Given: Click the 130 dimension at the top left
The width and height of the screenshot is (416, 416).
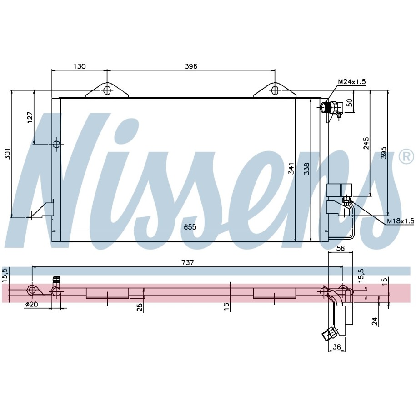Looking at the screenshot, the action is tap(80, 66).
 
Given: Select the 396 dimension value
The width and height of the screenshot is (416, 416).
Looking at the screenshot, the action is tap(191, 66).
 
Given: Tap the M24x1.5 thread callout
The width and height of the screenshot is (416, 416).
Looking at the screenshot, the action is tap(352, 82).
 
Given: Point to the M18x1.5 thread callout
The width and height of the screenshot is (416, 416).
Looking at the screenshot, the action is tap(401, 221).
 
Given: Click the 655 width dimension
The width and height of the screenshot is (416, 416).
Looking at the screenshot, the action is tap(190, 227).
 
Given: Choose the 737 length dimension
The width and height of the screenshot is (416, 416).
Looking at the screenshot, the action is tap(188, 262).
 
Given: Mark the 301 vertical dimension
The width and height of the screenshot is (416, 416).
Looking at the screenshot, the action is tap(8, 153).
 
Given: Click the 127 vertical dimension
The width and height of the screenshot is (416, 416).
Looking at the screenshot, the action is tap(30, 117).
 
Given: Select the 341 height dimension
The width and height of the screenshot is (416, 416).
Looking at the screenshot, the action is tap(291, 169).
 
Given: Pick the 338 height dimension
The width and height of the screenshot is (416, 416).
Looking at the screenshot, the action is tap(306, 169).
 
